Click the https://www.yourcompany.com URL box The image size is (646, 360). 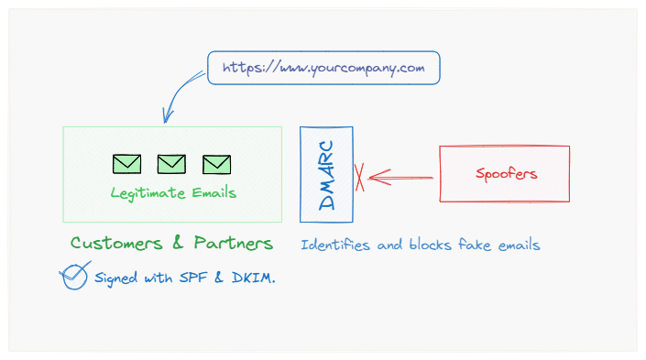323,68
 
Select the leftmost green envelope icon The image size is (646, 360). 127,164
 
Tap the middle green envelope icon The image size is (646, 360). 171,164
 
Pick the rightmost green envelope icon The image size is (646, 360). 216,164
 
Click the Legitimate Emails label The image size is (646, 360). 173,193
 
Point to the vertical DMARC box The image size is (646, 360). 326,175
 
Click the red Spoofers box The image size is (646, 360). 505,173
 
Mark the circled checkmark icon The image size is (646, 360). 74,277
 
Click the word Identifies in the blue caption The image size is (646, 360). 334,245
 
